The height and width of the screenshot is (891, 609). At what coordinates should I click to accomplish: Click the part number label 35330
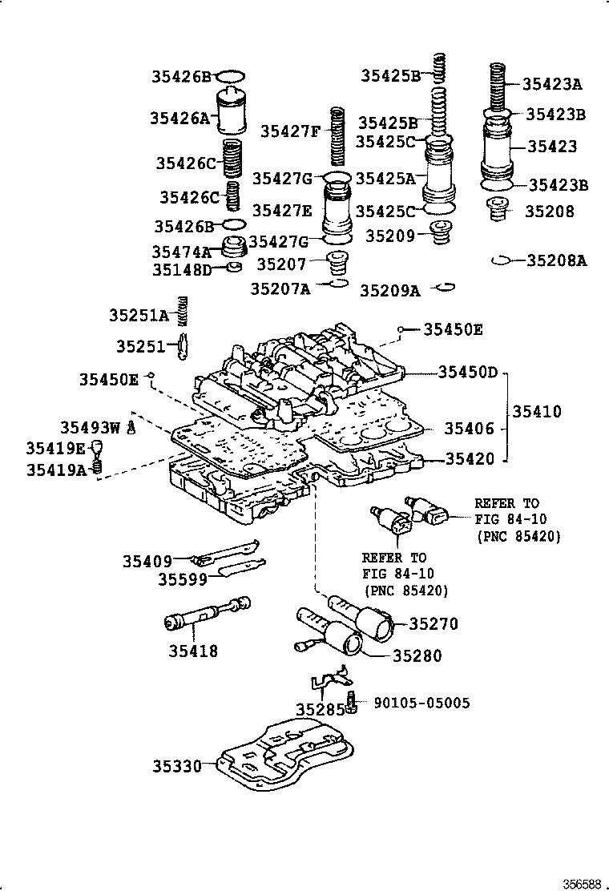pos(177,766)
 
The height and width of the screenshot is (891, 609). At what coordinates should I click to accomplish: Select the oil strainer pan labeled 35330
pos(284,754)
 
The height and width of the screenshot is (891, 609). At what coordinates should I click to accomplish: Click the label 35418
pos(193,651)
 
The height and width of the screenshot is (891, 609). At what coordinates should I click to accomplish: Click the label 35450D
pos(468,373)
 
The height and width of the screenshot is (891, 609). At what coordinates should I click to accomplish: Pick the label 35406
pos(470,429)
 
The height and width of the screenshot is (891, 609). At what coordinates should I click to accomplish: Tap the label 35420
pos(470,459)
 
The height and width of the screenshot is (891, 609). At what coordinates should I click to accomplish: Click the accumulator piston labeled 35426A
pos(234,114)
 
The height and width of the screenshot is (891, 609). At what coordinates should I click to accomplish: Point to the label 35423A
pos(552,83)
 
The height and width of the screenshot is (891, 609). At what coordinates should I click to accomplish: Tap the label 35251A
pos(139,316)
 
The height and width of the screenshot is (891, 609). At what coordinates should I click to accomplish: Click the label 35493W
pos(89,428)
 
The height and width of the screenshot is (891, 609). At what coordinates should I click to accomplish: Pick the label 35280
pos(417,655)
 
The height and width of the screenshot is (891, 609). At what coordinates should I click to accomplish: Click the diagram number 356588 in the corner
pos(581,883)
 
